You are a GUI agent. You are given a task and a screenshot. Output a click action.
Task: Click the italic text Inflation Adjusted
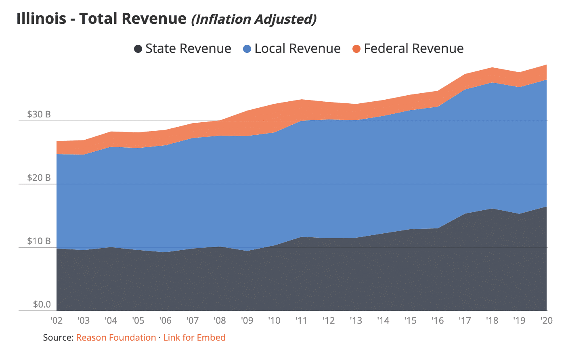[x=254, y=19]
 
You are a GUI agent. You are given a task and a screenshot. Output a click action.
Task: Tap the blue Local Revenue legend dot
[x=247, y=49]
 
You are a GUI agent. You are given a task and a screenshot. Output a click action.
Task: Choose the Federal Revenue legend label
[x=413, y=49]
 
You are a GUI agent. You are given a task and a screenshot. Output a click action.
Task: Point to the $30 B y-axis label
[x=39, y=114]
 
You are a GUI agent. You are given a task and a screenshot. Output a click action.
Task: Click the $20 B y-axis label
[x=39, y=178]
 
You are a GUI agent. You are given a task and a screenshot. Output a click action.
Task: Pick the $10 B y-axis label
[x=39, y=241]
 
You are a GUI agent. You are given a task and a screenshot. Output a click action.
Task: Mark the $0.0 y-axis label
[x=42, y=304]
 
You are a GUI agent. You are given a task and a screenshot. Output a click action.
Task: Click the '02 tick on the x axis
[x=57, y=320]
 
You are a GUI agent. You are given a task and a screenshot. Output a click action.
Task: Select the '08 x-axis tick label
[x=220, y=320]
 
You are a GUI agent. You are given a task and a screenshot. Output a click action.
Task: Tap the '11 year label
[x=301, y=320]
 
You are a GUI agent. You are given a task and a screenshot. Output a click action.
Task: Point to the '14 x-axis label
[x=383, y=320]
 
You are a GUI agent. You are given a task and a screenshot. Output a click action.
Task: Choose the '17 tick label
[x=465, y=320]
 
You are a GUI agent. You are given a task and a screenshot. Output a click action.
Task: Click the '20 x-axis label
[x=546, y=320]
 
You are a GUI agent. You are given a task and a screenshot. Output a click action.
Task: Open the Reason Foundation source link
[x=116, y=337]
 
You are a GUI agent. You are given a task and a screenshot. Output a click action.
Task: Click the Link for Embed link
[x=194, y=337]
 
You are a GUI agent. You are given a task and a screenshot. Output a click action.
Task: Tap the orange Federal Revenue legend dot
[x=356, y=49]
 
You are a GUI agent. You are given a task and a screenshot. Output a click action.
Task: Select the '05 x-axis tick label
[x=138, y=320]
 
